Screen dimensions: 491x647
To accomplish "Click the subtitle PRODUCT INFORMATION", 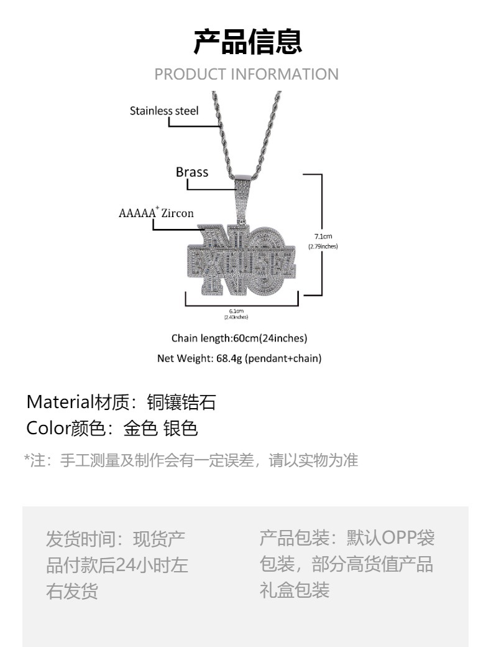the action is (x=246, y=74).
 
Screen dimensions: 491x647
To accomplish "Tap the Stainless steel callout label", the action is (x=164, y=111).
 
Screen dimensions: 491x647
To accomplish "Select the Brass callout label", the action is (x=192, y=172).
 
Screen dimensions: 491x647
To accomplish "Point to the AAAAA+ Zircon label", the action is (x=156, y=213).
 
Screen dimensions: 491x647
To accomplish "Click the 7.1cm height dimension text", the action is (x=323, y=236).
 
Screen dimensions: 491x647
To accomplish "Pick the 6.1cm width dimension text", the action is (x=236, y=310).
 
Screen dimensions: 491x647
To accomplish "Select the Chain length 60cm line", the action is (x=239, y=338).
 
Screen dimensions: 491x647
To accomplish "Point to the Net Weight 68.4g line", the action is (x=239, y=358).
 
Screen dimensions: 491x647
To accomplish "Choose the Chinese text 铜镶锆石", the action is (x=181, y=403).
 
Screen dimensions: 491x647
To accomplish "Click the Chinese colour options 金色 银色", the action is (x=160, y=429).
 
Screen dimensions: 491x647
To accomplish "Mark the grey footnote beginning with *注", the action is (x=191, y=460).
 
